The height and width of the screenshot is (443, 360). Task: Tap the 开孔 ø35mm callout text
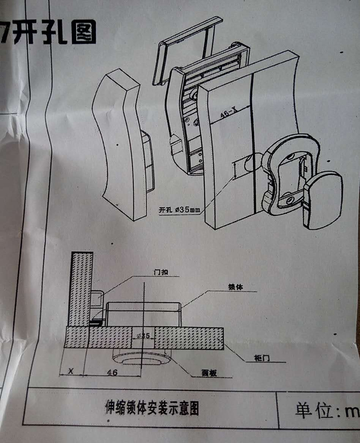click(x=179, y=210)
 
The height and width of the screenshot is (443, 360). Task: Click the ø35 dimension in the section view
click(x=143, y=336)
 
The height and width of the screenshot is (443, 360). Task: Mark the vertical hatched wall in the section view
click(x=80, y=288)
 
